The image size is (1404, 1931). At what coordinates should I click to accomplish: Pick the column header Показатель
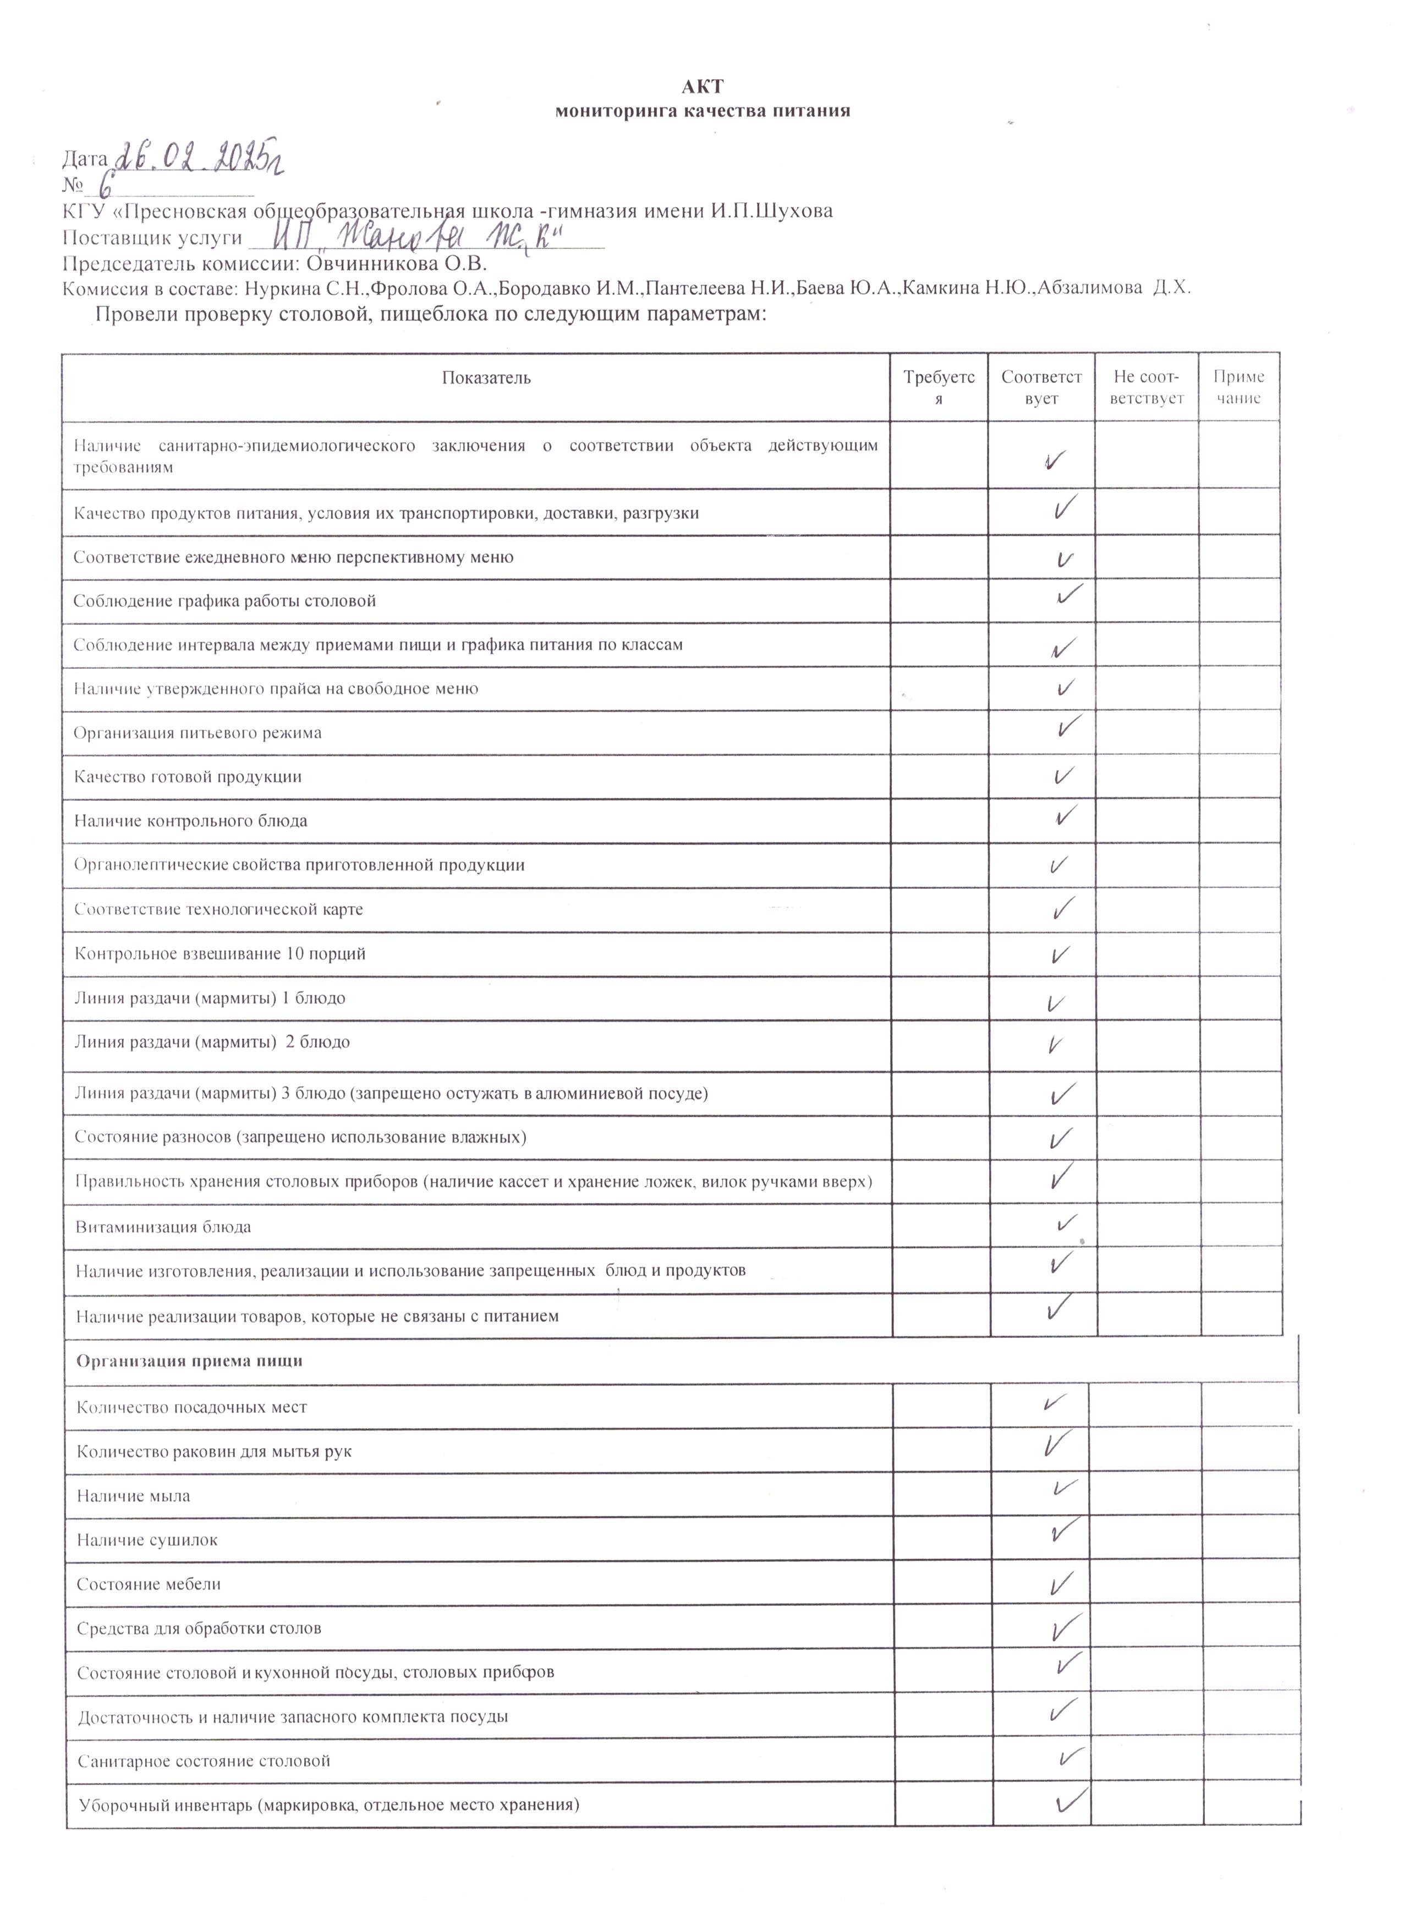pyautogui.click(x=486, y=378)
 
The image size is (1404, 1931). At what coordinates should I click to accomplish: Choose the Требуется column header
pyautogui.click(x=939, y=387)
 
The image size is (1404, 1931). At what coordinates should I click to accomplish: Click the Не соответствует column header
pyautogui.click(x=1146, y=387)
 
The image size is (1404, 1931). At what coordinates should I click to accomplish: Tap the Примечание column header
pyautogui.click(x=1239, y=387)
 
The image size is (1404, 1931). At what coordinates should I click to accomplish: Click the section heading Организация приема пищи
pyautogui.click(x=189, y=1360)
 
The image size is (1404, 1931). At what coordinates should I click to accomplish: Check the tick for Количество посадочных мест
pyautogui.click(x=1055, y=1401)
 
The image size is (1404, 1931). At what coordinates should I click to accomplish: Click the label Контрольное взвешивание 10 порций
pyautogui.click(x=220, y=953)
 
